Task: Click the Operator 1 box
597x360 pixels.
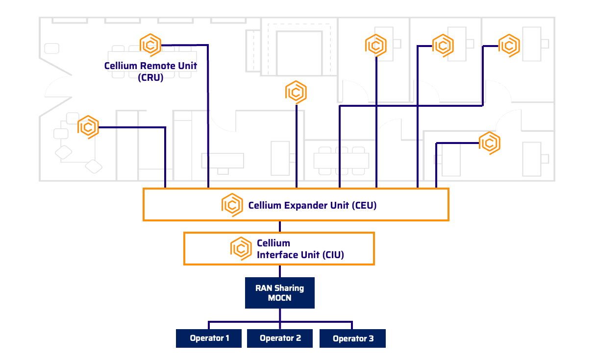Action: (x=209, y=338)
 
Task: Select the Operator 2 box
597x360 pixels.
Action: (x=280, y=338)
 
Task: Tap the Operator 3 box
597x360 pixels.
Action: (x=352, y=338)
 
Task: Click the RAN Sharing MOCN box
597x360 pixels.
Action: (x=279, y=293)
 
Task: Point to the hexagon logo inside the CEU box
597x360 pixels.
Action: (x=232, y=205)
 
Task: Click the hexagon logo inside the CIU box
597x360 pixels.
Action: (x=241, y=248)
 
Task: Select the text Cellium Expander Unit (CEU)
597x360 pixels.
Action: (x=312, y=206)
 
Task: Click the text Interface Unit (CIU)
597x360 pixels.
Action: (x=300, y=255)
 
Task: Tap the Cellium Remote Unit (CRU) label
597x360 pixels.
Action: (x=150, y=71)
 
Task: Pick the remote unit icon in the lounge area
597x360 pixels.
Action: (x=88, y=127)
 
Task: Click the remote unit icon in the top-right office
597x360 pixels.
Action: (x=509, y=46)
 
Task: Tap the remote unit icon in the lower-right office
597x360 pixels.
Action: (x=489, y=143)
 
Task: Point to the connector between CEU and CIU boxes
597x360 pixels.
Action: (x=279, y=226)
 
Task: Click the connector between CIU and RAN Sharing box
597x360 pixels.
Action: (x=279, y=271)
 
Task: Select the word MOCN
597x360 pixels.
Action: (x=279, y=298)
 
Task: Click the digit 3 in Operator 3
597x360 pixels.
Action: (x=371, y=339)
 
